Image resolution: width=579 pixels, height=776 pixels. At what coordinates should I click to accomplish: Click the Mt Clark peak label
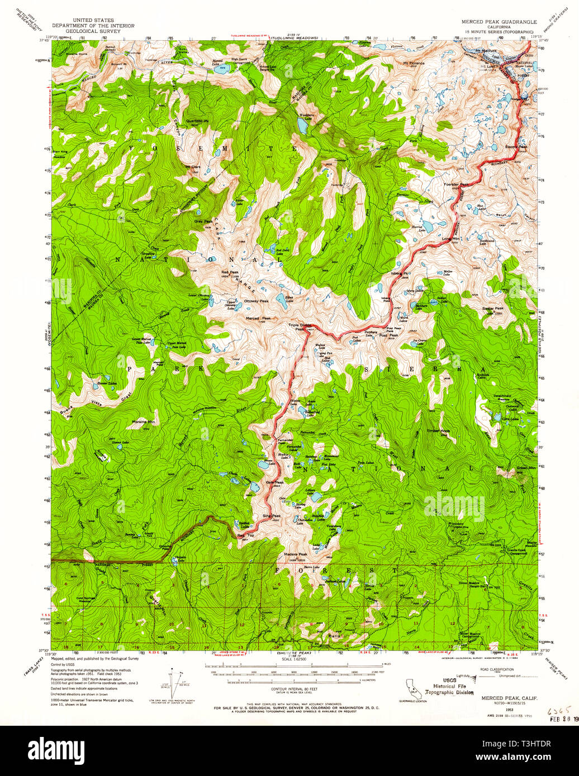193,167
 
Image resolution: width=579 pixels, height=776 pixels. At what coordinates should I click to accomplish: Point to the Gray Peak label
202,221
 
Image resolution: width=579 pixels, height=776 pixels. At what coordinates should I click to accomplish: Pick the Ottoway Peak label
256,301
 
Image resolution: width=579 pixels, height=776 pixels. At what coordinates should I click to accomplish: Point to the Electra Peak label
516,147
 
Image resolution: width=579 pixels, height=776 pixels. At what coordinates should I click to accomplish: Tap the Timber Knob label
439,431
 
